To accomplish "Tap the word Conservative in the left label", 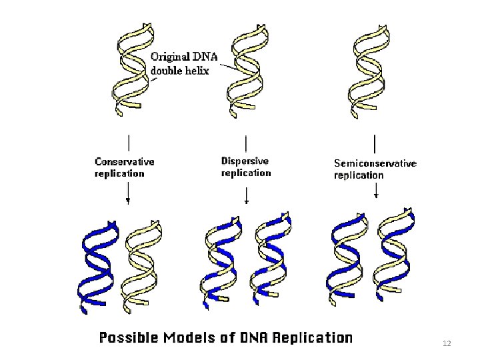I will point(125,161).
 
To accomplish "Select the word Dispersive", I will point(245,161).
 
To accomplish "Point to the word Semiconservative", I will point(375,163).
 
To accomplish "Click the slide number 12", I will point(447,343).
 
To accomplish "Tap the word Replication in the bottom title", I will point(312,338).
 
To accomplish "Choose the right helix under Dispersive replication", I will point(271,257).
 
